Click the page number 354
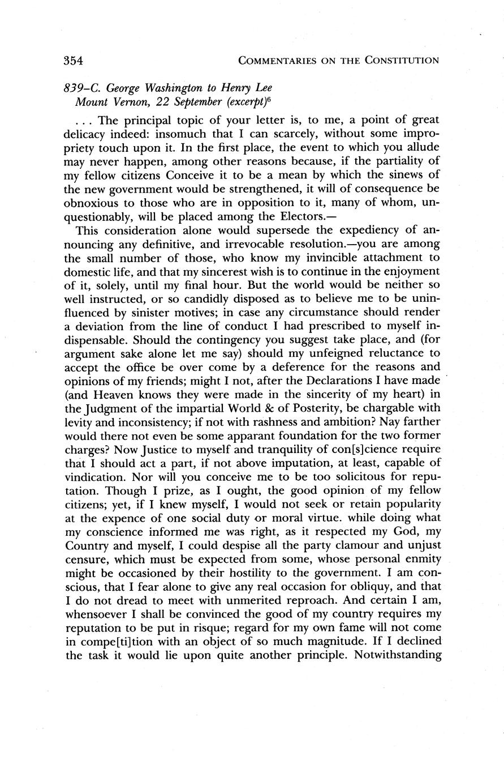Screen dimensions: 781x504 tap(74, 60)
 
